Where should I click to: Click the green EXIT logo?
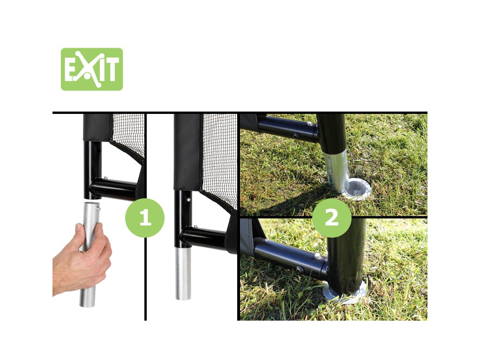coord(92,69)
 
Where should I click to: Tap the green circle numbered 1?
coord(145,217)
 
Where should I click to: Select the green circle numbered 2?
coord(331,217)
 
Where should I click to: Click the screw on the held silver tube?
coord(98,209)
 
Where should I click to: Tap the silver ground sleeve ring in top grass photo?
coord(356,188)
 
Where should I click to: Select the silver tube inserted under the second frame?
coord(183,273)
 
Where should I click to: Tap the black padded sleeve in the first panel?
coord(97,127)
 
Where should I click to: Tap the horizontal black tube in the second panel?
coord(203,238)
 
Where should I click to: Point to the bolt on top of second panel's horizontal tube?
coord(195,227)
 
